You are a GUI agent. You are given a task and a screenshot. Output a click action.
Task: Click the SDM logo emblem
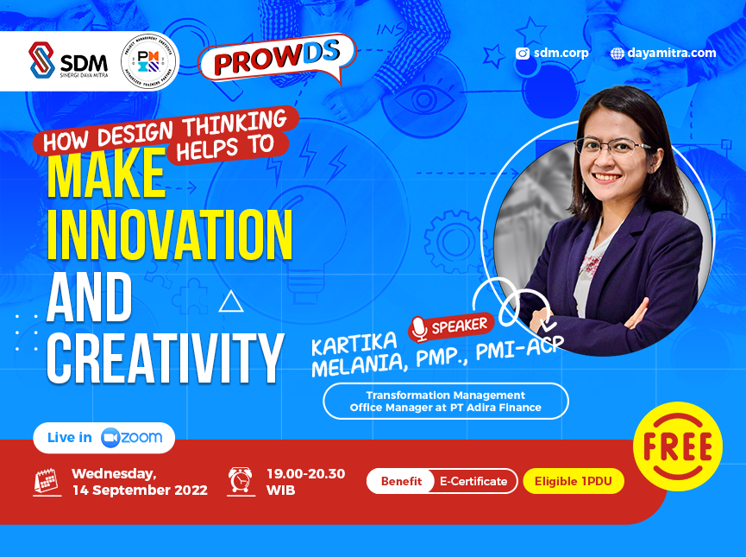click(x=41, y=60)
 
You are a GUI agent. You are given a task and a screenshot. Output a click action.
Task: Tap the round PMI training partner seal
click(x=149, y=61)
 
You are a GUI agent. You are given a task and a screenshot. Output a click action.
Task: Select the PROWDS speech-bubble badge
click(x=277, y=60)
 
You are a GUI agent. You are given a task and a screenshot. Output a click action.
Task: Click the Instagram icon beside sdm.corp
click(x=522, y=54)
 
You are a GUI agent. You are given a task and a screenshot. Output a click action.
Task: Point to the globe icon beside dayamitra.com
click(x=617, y=54)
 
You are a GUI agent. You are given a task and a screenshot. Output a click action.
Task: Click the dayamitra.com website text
click(x=672, y=53)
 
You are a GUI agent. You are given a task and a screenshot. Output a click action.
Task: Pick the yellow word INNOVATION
click(x=169, y=233)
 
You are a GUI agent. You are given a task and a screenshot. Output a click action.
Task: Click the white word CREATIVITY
click(x=165, y=357)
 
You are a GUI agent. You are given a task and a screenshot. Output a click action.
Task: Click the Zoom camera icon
click(x=110, y=437)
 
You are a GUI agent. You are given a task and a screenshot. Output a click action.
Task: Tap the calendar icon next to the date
click(x=45, y=481)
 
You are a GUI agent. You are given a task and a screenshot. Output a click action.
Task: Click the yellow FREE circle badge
click(x=677, y=446)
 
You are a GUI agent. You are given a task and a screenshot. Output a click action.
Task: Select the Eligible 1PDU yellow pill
click(x=573, y=481)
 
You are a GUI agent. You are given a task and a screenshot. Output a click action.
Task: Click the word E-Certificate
click(x=473, y=481)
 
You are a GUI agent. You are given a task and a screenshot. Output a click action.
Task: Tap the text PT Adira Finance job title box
click(x=445, y=401)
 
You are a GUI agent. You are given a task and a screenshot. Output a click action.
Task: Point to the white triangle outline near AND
click(x=230, y=301)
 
